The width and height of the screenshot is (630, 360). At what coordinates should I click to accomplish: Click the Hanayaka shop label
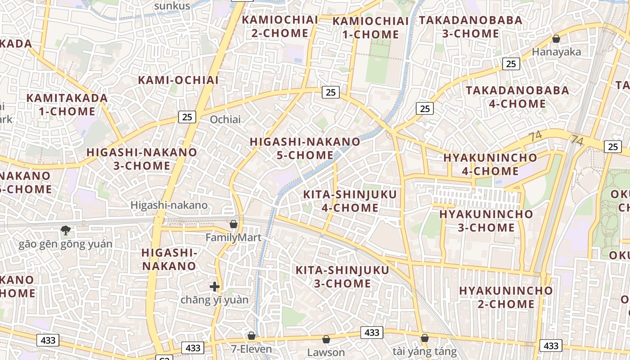click(556, 52)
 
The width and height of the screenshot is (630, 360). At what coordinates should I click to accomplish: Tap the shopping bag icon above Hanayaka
click(556, 39)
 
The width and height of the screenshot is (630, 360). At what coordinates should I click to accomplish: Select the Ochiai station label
click(225, 120)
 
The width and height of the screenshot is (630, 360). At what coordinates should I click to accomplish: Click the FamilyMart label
click(233, 237)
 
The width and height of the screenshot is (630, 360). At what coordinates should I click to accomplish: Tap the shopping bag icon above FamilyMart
click(234, 224)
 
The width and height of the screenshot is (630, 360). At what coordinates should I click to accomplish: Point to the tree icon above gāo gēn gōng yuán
click(65, 230)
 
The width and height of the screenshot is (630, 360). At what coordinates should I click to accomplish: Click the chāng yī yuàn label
click(214, 300)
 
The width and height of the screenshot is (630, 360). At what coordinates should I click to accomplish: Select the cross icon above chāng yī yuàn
click(215, 286)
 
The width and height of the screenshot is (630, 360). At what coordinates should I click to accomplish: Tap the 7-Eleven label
click(252, 349)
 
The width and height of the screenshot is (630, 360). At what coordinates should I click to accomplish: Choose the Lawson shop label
click(326, 352)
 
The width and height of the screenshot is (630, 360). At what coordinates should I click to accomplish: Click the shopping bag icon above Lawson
click(326, 339)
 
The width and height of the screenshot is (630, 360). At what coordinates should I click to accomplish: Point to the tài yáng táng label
click(424, 351)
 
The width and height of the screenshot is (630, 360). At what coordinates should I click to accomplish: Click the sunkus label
click(172, 6)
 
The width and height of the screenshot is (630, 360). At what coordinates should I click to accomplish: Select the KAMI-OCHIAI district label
click(178, 80)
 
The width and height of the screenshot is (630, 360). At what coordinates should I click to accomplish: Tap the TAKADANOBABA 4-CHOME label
click(517, 97)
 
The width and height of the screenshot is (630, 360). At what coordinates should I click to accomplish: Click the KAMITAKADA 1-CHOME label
click(67, 104)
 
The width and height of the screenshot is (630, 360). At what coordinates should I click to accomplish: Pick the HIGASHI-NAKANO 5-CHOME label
click(305, 148)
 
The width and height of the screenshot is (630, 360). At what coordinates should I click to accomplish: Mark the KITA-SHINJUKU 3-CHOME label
click(342, 277)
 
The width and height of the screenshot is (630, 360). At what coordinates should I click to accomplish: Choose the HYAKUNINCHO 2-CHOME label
click(506, 297)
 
